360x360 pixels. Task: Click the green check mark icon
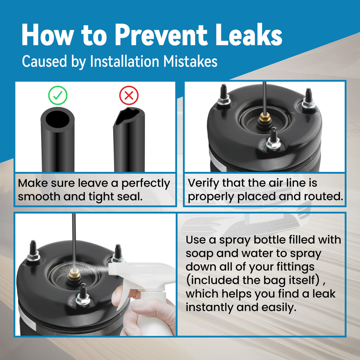[58, 95]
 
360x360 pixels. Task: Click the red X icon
[129, 95]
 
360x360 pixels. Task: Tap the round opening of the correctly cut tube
[57, 119]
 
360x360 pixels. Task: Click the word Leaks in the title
[249, 35]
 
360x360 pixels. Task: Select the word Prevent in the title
[161, 35]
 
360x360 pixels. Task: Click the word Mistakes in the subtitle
[190, 61]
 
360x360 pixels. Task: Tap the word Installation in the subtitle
[124, 61]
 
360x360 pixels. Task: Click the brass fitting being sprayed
[75, 273]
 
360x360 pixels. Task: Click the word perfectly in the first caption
[146, 184]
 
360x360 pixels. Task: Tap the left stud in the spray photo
[33, 251]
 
